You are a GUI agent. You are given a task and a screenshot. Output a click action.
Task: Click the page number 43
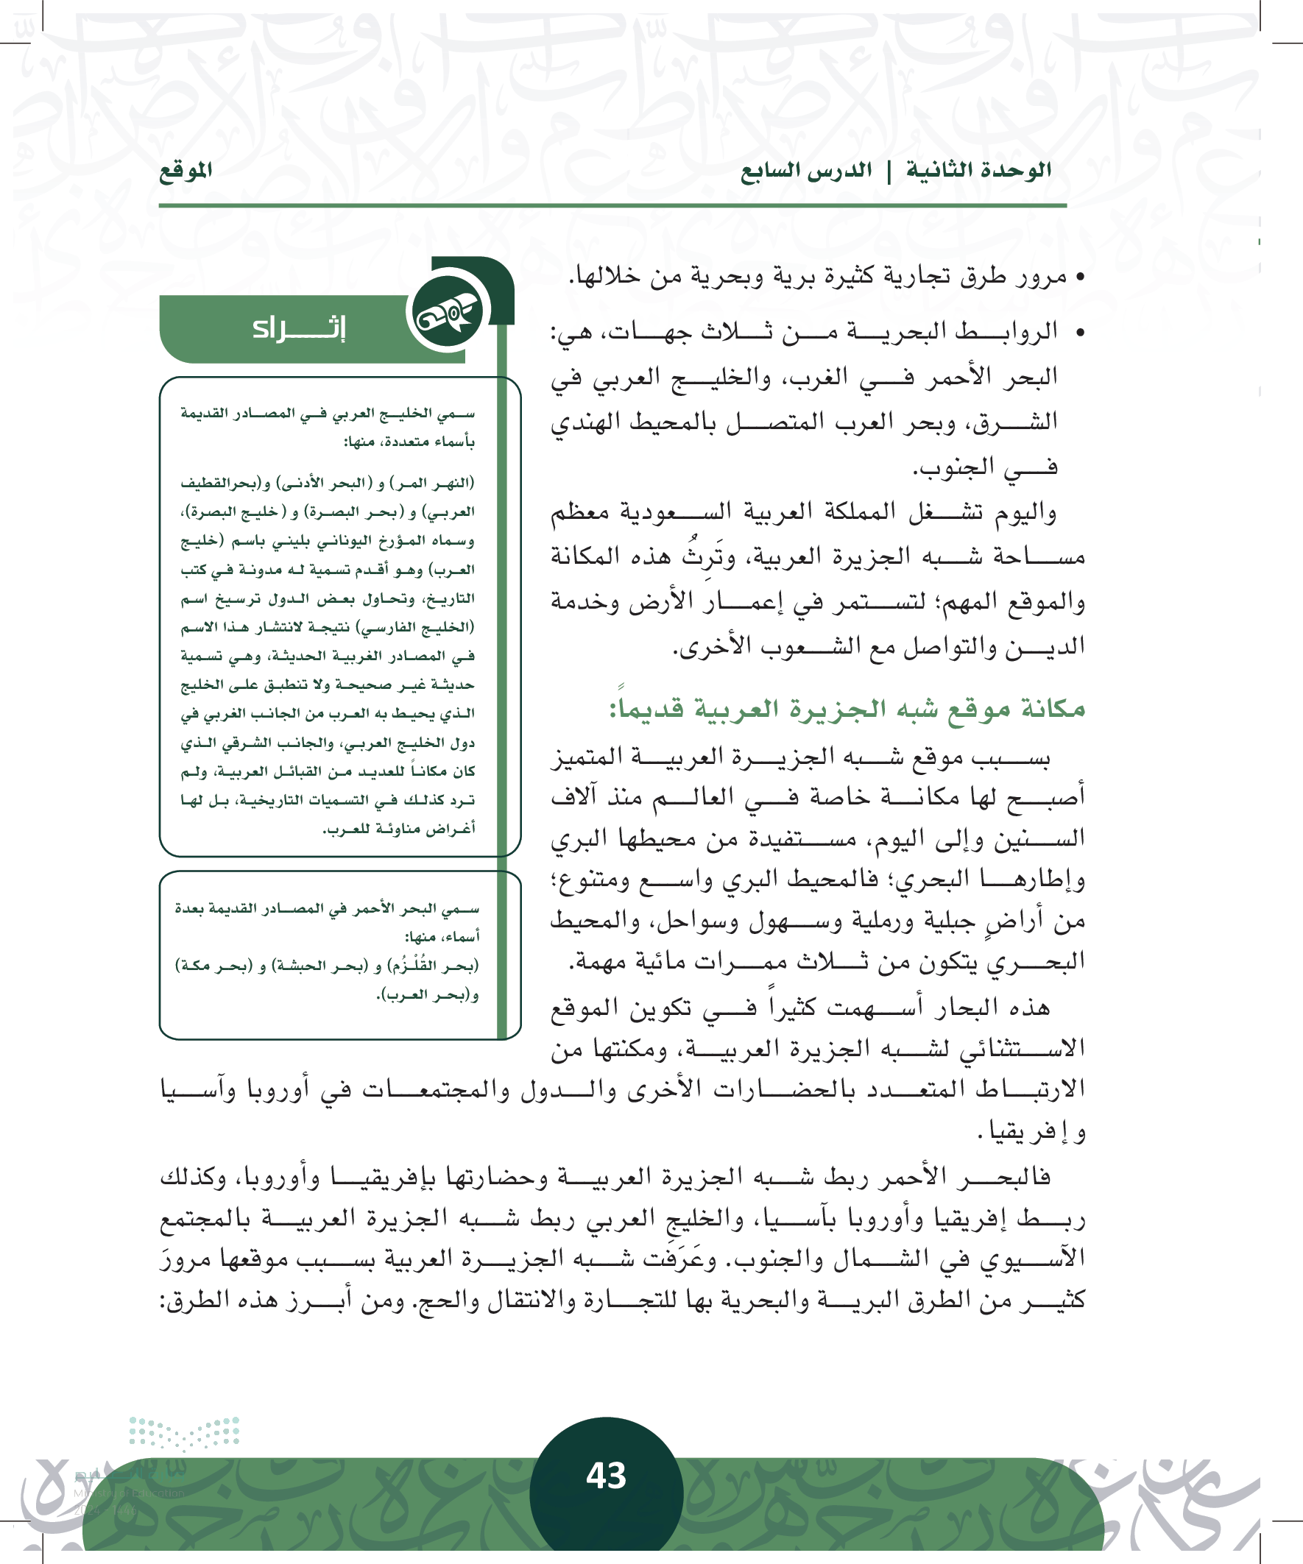coord(606,1475)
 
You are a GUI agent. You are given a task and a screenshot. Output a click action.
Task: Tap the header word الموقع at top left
coord(186,171)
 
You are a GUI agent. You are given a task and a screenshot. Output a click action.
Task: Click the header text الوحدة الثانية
coord(978,171)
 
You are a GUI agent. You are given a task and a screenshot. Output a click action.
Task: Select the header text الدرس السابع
coord(806,171)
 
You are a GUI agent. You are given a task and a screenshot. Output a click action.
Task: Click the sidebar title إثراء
coord(299,328)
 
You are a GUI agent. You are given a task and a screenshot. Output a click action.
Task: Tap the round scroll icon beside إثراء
coord(448,311)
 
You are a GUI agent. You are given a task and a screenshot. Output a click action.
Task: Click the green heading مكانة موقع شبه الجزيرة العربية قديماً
coord(847,708)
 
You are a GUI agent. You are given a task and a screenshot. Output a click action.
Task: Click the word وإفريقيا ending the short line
coord(1031,1133)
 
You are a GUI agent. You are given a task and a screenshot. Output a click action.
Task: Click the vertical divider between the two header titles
coord(889,171)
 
